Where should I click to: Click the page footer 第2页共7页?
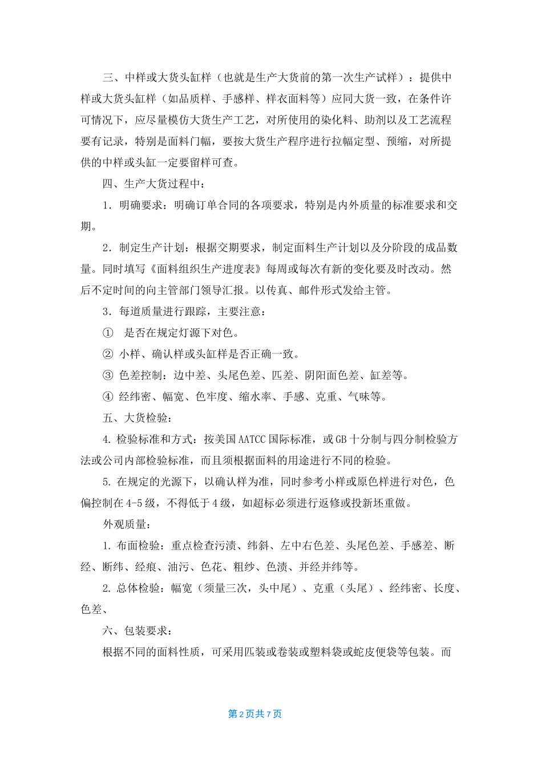tap(255, 714)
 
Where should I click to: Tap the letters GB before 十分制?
tap(341, 439)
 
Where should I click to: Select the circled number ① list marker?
tap(108, 333)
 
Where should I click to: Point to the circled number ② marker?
tap(108, 354)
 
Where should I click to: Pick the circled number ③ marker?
tap(108, 375)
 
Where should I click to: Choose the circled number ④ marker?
tap(108, 397)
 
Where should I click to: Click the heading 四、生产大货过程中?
tap(151, 184)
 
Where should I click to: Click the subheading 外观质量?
tap(124, 524)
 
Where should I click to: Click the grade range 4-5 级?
tap(140, 503)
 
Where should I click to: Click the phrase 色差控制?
tap(140, 375)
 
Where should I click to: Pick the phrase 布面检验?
tap(139, 545)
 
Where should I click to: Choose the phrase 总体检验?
tap(139, 588)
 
